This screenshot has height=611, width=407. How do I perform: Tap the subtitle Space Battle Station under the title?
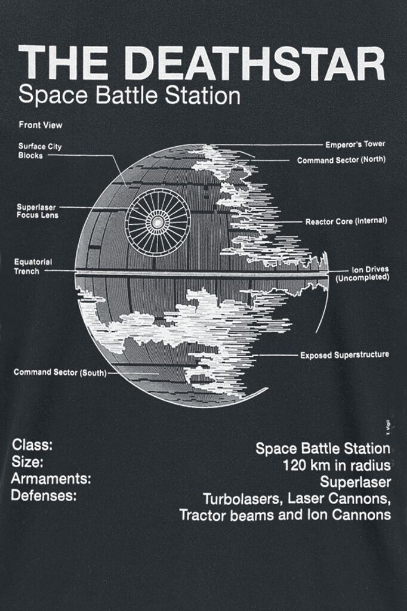point(129,96)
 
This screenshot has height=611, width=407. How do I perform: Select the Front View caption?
point(41,125)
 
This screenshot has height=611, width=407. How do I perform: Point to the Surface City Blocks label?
point(40,151)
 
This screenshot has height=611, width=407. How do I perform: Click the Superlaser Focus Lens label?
point(38,211)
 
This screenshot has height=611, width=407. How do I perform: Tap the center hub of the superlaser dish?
point(158,223)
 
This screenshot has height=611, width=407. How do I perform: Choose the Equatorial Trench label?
point(33,267)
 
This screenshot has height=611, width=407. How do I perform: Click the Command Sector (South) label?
point(60,372)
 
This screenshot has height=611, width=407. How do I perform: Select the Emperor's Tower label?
point(355,144)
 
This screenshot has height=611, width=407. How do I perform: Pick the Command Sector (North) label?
point(341,160)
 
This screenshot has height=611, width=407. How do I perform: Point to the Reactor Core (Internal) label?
point(346,221)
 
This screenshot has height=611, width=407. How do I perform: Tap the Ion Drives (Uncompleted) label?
point(363,273)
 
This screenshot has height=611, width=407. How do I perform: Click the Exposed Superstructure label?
point(344,355)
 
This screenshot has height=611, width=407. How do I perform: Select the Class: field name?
point(32,445)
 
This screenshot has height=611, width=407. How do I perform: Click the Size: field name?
point(27,462)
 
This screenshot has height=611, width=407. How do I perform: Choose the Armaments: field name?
point(51,479)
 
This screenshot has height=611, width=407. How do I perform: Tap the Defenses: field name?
point(44,496)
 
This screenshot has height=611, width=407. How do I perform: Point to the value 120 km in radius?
point(337,465)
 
